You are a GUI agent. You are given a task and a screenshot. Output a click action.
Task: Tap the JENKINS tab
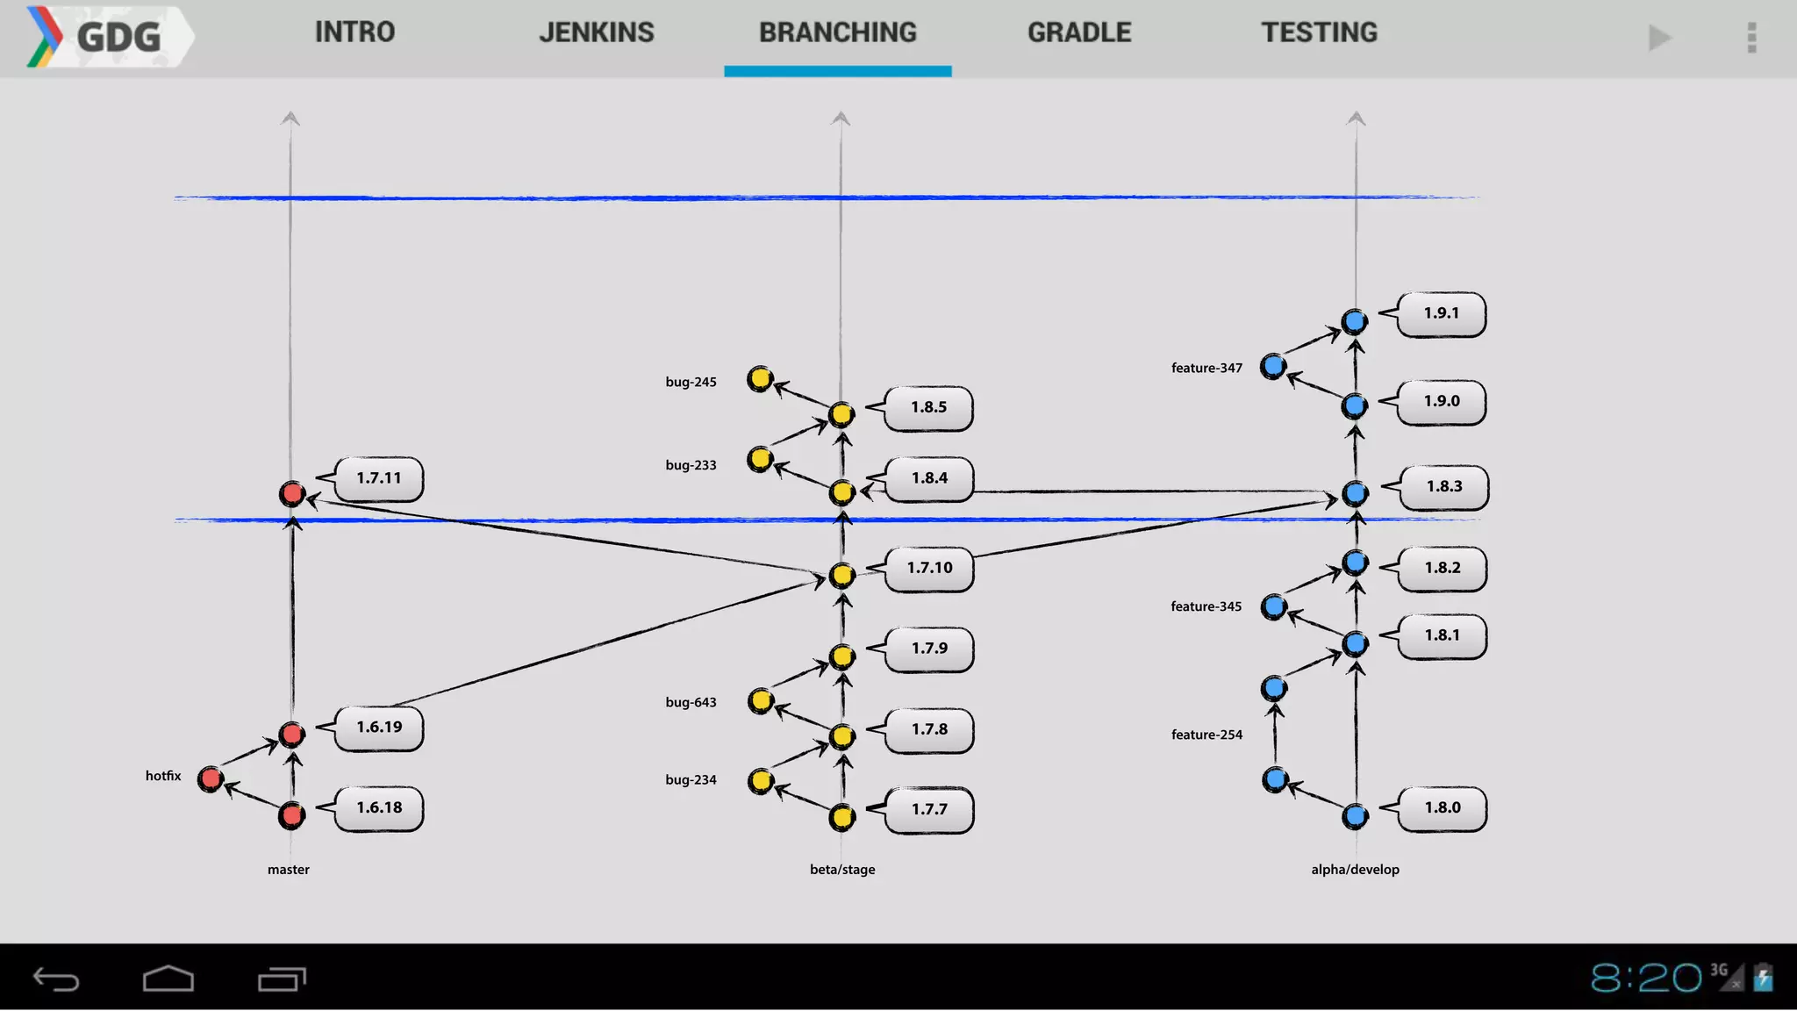[x=596, y=33]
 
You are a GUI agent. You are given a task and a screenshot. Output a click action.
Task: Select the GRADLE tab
[x=1079, y=33]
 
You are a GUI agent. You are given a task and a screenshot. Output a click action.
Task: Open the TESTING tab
[x=1319, y=33]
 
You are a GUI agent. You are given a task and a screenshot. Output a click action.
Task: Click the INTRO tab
[x=354, y=33]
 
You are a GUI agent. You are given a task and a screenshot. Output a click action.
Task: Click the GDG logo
[x=105, y=37]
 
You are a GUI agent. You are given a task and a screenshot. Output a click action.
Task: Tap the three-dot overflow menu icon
[x=1751, y=38]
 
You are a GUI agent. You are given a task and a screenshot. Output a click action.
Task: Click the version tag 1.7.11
[x=379, y=478]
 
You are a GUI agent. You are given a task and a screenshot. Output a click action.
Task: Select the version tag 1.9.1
[x=1442, y=313]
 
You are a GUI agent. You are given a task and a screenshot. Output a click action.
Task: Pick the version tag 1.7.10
[x=929, y=568]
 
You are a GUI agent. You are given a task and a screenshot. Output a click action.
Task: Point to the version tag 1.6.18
[x=379, y=807]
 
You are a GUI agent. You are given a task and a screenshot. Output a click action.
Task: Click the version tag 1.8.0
[x=1443, y=807]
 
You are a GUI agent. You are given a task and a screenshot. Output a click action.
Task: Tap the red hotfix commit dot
[x=211, y=778]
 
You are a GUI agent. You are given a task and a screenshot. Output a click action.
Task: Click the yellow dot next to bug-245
[x=760, y=379]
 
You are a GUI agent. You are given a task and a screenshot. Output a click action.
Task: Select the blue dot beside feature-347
[x=1273, y=366]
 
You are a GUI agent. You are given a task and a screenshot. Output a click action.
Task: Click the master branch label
[x=289, y=870]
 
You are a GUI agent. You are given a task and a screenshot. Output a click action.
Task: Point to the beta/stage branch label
[x=842, y=870]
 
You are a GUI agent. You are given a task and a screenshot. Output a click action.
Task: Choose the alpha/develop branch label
[x=1355, y=870]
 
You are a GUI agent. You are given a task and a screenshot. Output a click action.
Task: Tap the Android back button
[x=56, y=979]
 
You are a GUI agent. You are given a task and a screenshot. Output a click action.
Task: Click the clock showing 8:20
[x=1645, y=978]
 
